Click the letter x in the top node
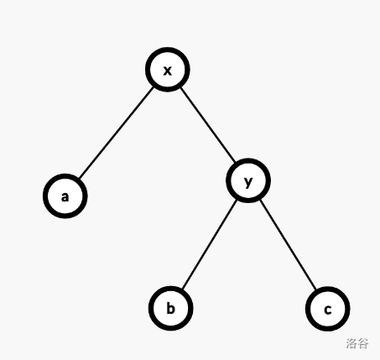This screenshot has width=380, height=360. click(167, 70)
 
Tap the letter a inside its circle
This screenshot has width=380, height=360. click(65, 197)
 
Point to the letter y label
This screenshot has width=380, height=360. click(248, 182)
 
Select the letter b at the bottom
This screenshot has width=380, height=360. click(170, 309)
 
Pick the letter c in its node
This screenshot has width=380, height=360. click(328, 310)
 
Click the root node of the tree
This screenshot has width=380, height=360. click(168, 70)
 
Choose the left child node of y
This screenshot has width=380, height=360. click(170, 309)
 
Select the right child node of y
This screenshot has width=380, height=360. click(328, 309)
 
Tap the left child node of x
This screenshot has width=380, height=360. click(65, 196)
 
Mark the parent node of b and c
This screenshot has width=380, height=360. click(248, 180)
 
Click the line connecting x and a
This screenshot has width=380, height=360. click(117, 133)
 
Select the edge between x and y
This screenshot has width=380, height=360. click(208, 125)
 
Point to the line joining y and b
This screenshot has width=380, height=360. click(210, 244)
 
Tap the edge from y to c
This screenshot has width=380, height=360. click(288, 245)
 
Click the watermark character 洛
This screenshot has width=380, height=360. click(351, 343)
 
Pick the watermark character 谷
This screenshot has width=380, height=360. click(363, 343)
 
